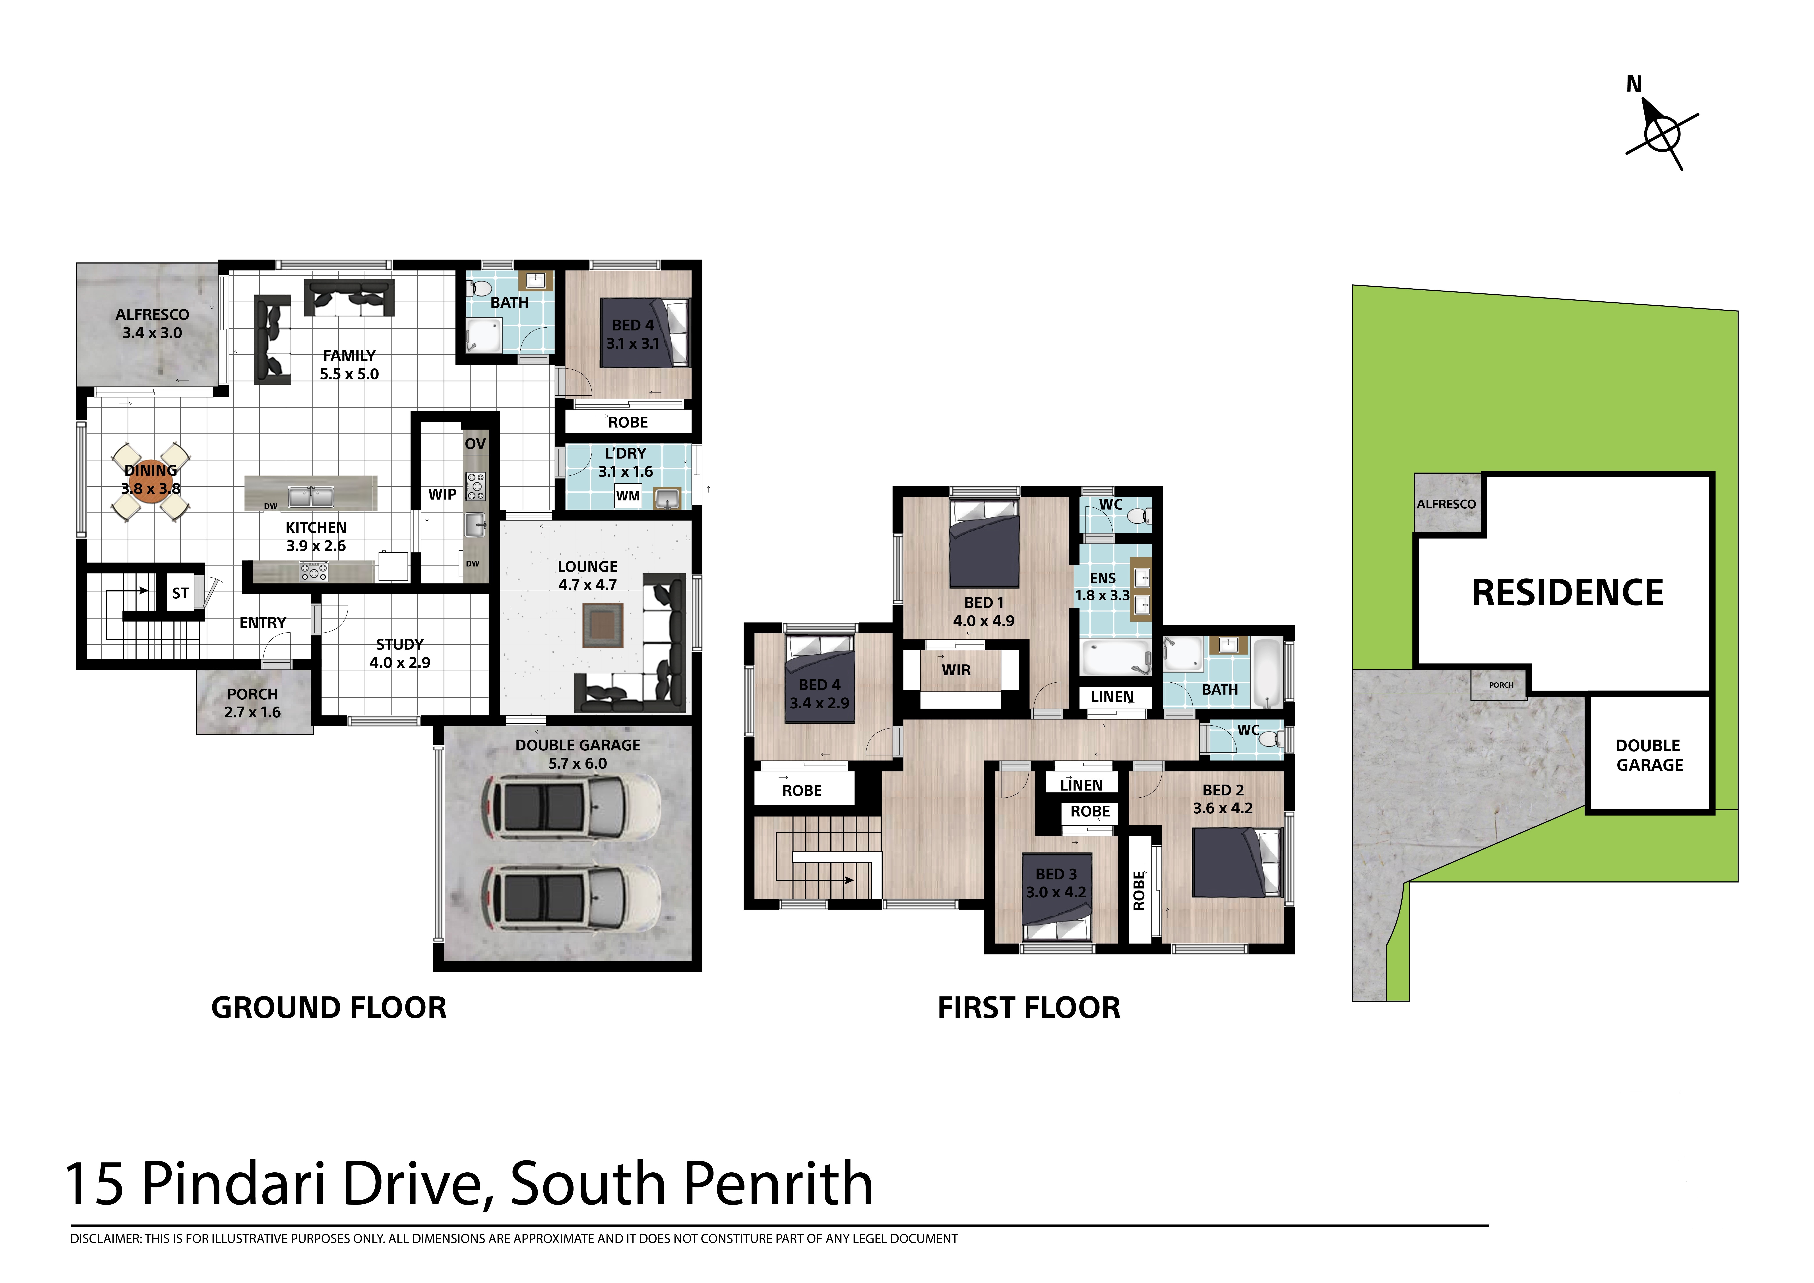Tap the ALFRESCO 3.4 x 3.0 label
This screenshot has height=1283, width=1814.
(x=152, y=323)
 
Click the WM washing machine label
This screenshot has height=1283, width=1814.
(x=628, y=496)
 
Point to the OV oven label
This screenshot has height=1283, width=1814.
(x=475, y=443)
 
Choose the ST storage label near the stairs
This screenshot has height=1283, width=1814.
(x=180, y=593)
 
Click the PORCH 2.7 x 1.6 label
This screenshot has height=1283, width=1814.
(x=252, y=703)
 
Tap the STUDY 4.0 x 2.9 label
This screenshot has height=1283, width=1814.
(x=400, y=653)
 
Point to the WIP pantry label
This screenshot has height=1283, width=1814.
(x=442, y=494)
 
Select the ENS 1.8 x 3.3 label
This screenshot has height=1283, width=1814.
(x=1103, y=587)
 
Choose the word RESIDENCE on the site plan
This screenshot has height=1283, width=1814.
(x=1568, y=593)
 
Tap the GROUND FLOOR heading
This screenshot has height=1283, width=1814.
(x=329, y=1008)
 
